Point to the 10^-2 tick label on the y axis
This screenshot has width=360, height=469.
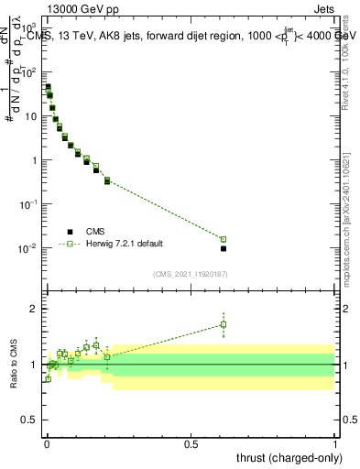click(28, 248)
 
